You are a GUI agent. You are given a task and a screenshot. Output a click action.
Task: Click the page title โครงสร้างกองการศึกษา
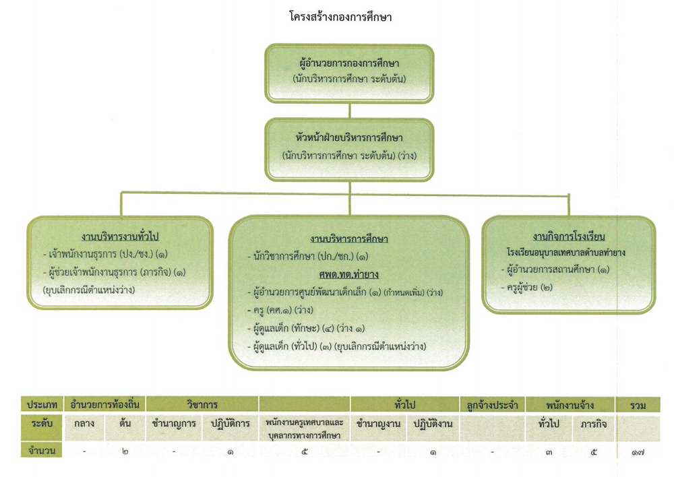pyautogui.click(x=340, y=18)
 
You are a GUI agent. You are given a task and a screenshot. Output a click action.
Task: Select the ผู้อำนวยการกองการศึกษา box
pyautogui.click(x=349, y=73)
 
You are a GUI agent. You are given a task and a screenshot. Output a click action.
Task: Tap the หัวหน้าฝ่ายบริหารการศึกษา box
pyautogui.click(x=349, y=149)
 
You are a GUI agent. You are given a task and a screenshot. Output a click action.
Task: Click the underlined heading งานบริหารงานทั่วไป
pyautogui.click(x=120, y=236)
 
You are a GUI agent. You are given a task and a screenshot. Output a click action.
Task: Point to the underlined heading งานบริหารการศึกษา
pyautogui.click(x=349, y=239)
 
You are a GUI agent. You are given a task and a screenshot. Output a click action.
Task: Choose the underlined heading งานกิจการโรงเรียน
pyautogui.click(x=569, y=236)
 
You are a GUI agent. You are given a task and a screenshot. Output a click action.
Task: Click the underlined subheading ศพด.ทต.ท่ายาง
pyautogui.click(x=349, y=275)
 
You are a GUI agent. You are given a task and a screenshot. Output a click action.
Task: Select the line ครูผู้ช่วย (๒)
pyautogui.click(x=527, y=288)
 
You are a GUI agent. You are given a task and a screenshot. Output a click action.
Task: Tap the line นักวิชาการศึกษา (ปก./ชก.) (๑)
pyautogui.click(x=308, y=257)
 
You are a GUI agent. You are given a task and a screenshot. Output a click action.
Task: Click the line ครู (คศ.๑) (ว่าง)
pyautogui.click(x=280, y=311)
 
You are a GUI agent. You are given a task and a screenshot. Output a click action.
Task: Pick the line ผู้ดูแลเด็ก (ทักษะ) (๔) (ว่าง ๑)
pyautogui.click(x=306, y=329)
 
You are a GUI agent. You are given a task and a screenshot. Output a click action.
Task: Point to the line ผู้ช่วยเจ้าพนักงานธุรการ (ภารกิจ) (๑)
pyautogui.click(x=115, y=272)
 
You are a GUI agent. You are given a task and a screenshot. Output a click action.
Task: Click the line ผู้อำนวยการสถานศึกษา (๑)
pyautogui.click(x=555, y=270)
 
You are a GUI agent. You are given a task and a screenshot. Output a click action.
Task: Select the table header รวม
pyautogui.click(x=638, y=405)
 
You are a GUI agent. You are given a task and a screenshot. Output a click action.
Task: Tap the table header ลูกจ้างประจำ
pyautogui.click(x=492, y=405)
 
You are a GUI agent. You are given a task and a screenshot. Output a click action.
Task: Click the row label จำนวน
pyautogui.click(x=42, y=451)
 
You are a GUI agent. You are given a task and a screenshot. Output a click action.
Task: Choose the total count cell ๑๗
pyautogui.click(x=638, y=452)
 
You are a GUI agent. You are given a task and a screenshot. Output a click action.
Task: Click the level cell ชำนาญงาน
pyautogui.click(x=378, y=424)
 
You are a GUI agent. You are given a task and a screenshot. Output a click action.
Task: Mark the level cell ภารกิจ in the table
pyautogui.click(x=594, y=424)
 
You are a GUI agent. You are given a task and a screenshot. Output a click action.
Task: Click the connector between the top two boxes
pyautogui.click(x=349, y=110)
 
